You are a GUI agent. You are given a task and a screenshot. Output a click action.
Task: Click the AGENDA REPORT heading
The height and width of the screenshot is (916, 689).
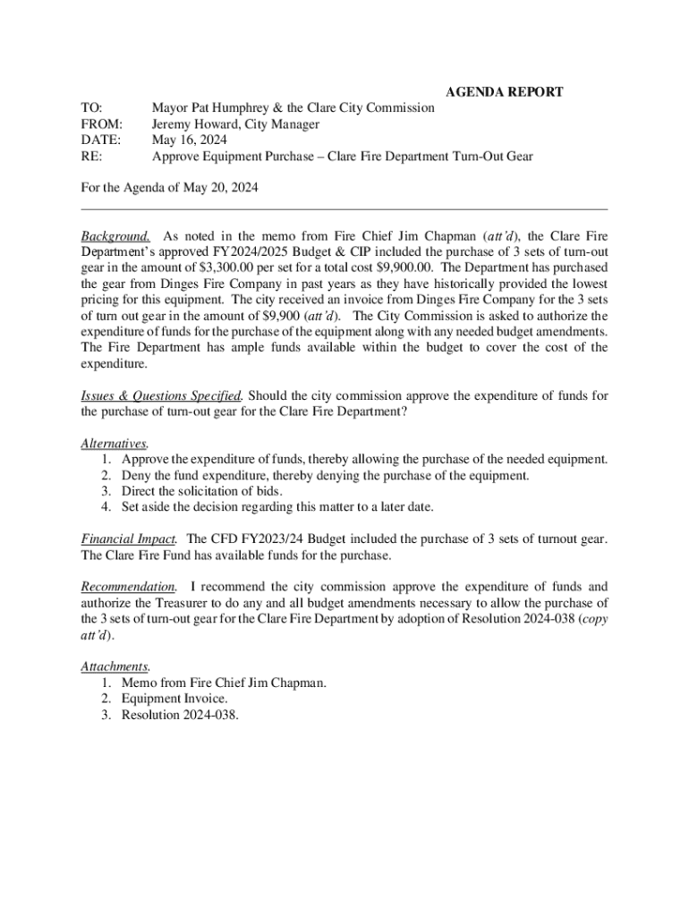point(504,91)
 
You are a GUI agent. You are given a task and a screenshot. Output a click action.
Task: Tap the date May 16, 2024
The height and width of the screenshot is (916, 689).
point(189,140)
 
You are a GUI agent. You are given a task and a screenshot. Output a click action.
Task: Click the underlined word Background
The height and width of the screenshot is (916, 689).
point(115,236)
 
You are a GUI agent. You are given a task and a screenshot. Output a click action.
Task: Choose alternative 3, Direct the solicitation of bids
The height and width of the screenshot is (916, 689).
point(202,491)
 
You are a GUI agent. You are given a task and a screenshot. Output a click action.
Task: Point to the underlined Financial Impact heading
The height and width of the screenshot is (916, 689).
point(129,539)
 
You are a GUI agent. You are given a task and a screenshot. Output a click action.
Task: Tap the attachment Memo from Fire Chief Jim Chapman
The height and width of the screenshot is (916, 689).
point(224,683)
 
